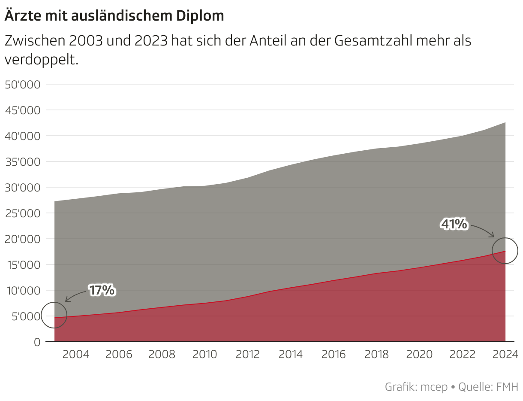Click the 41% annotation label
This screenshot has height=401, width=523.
[x=454, y=224]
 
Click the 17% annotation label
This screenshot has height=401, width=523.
[x=102, y=291]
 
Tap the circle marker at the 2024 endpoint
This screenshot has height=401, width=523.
[x=505, y=251]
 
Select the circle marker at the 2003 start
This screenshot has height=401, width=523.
[x=54, y=315]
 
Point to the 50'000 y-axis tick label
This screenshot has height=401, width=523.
[x=22, y=85]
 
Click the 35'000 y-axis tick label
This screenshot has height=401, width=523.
[x=22, y=162]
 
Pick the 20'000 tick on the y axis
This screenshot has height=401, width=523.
[x=22, y=239]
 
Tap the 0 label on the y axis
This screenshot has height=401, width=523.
[x=37, y=342]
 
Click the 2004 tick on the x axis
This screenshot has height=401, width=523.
[x=76, y=355]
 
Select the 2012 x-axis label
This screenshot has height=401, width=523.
[x=248, y=355]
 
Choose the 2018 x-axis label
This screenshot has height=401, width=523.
[x=377, y=355]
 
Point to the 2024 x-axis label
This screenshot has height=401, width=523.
[x=505, y=355]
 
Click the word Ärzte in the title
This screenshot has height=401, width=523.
[x=19, y=16]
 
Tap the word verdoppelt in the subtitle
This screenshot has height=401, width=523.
[x=41, y=60]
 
